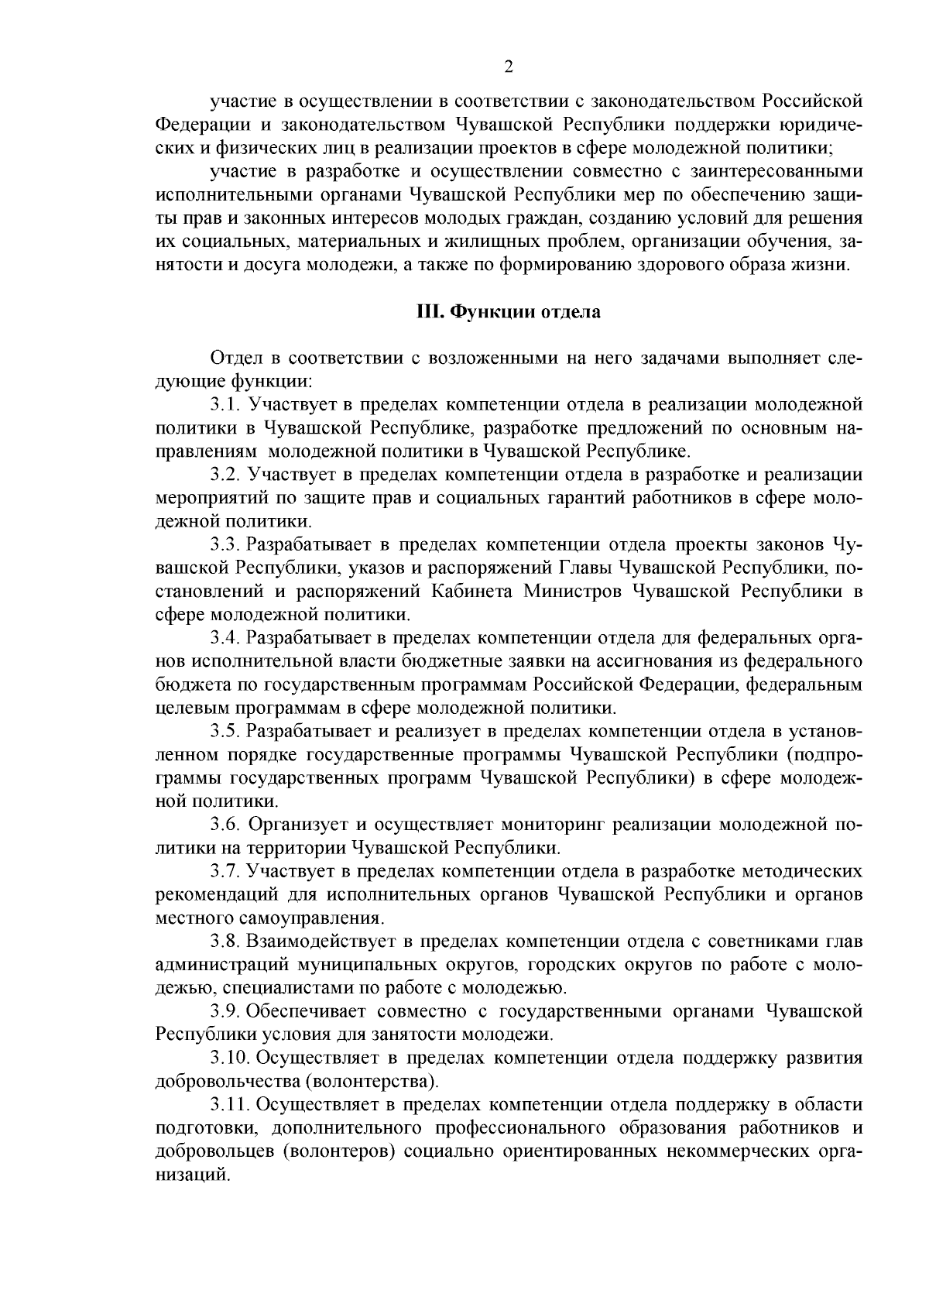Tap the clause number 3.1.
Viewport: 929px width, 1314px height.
225,404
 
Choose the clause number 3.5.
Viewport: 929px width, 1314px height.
225,731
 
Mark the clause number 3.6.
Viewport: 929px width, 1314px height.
225,825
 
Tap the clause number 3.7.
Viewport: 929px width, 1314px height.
225,872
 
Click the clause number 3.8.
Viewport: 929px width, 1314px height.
225,942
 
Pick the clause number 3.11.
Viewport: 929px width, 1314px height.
230,1105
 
